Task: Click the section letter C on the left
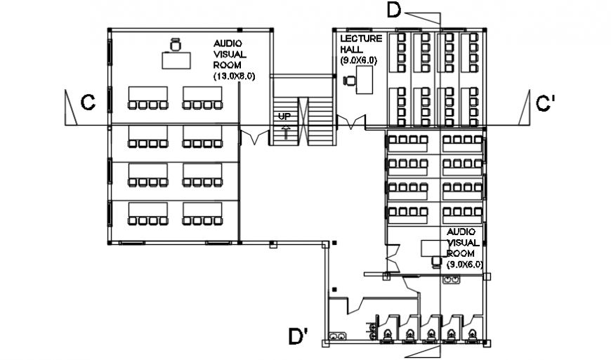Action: (88, 103)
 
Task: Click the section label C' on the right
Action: (546, 104)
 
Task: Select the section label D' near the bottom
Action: (298, 337)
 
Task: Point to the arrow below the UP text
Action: (285, 131)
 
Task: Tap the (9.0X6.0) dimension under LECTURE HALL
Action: (360, 61)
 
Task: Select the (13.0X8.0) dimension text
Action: (234, 75)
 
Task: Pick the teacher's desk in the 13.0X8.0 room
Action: (176, 60)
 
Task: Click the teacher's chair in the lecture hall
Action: (348, 81)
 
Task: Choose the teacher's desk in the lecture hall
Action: (364, 83)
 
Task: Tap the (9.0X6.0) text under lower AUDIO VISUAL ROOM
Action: (464, 264)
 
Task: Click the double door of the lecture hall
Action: (351, 124)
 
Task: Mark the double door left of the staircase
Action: (250, 135)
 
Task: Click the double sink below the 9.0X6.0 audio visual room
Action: (450, 280)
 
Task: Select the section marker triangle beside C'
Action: (525, 109)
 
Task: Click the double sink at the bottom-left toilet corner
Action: (337, 338)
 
